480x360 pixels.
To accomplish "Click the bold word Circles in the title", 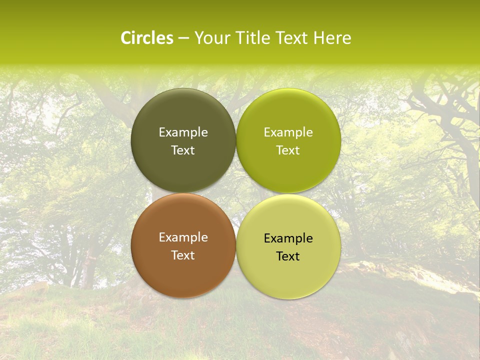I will click(x=147, y=38).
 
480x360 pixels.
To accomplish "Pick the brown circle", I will click(x=183, y=270).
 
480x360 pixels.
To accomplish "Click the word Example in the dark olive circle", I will click(x=183, y=132).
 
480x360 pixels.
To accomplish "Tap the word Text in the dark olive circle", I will click(x=183, y=150).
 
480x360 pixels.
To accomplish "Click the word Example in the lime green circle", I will click(x=288, y=132).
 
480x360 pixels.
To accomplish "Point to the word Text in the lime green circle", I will click(x=288, y=150).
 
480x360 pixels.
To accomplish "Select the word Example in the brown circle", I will click(x=183, y=237).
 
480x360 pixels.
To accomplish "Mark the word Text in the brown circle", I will click(x=183, y=255).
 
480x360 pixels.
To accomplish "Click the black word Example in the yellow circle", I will click(x=288, y=238).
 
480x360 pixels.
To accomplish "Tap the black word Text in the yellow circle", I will click(x=288, y=256).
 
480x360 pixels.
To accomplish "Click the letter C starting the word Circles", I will click(x=126, y=38).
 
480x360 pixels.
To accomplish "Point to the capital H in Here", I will click(x=319, y=38).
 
